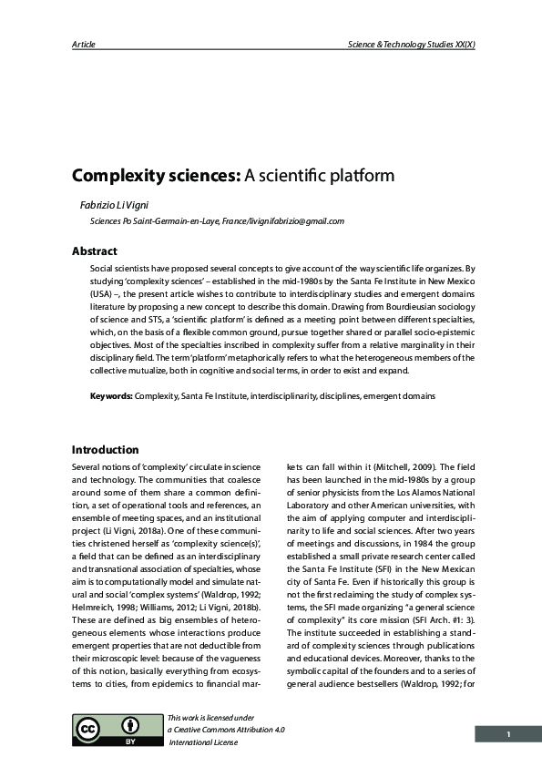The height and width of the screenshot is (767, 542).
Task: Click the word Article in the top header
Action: click(84, 44)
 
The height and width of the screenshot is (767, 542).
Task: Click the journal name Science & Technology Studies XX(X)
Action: click(411, 44)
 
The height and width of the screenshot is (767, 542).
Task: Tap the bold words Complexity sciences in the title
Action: click(156, 175)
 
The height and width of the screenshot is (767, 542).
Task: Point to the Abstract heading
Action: click(95, 251)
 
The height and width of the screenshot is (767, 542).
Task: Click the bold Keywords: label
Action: click(111, 396)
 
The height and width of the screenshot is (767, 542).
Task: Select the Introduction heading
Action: click(105, 450)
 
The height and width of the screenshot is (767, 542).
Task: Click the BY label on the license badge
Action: click(129, 742)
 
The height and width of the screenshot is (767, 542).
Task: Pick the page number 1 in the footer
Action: click(508, 733)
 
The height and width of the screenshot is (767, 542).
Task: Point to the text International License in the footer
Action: click(203, 742)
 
